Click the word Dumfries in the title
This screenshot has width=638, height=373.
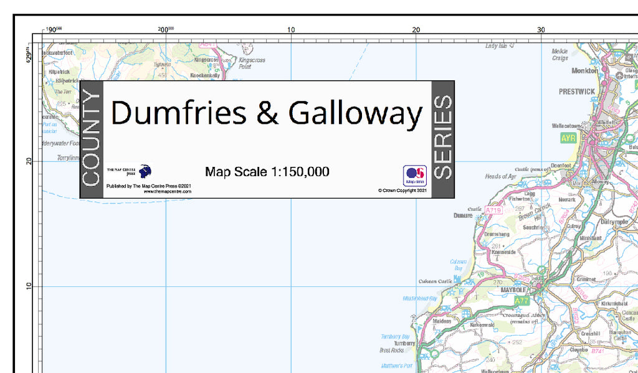pyautogui.click(x=179, y=114)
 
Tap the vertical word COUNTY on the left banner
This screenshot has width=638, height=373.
pyautogui.click(x=91, y=139)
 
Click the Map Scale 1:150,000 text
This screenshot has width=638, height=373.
pyautogui.click(x=267, y=172)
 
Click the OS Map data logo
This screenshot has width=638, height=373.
pyautogui.click(x=415, y=176)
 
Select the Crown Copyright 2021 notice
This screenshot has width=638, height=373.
pyautogui.click(x=402, y=191)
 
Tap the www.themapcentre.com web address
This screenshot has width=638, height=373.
pyautogui.click(x=167, y=192)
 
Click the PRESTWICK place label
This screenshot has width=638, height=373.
pyautogui.click(x=576, y=92)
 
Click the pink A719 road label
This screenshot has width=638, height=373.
pyautogui.click(x=493, y=211)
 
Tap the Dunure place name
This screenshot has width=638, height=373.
pyautogui.click(x=463, y=216)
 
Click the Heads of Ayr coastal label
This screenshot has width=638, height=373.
pyautogui.click(x=501, y=177)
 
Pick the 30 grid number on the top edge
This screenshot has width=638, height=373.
pyautogui.click(x=541, y=29)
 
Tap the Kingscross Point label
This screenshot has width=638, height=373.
pyautogui.click(x=252, y=63)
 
